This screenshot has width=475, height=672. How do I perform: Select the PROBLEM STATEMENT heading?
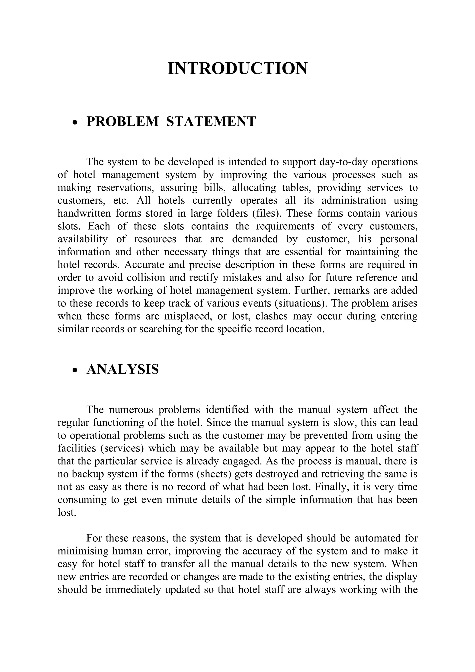point(171,122)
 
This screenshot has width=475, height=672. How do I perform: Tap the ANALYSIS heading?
point(123,369)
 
